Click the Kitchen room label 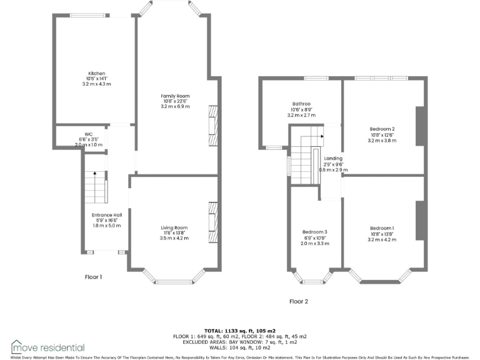(x=96, y=73)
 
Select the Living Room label (x=174, y=227)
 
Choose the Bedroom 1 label (x=382, y=227)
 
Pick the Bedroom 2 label (x=382, y=129)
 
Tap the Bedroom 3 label (x=314, y=232)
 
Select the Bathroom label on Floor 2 (x=301, y=104)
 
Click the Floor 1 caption (x=93, y=276)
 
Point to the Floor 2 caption (x=299, y=301)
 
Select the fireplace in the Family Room (x=212, y=126)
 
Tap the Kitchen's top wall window (x=87, y=16)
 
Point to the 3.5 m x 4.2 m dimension (x=174, y=238)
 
